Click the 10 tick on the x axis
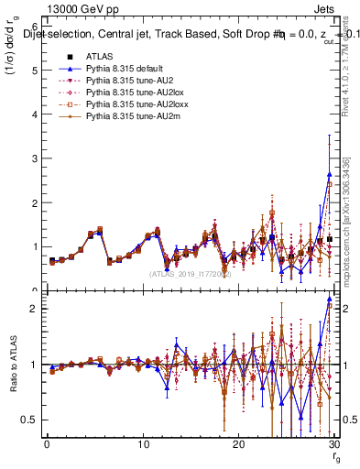point(142,444)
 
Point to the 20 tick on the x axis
point(238,444)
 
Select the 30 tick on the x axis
point(333,444)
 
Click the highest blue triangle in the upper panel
point(330,174)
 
